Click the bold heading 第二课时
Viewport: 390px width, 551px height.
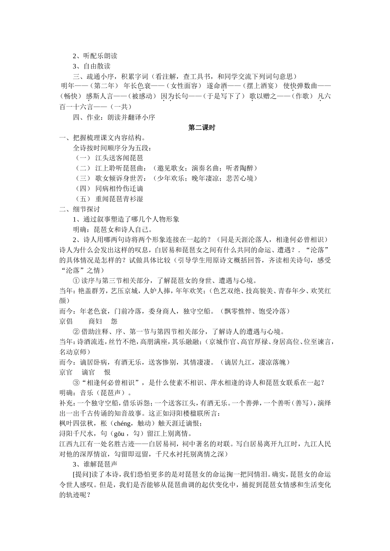[x=202, y=128]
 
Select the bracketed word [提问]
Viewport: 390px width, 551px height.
[x=83, y=475]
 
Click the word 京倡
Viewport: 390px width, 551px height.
[x=66, y=321]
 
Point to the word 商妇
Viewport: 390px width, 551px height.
[x=95, y=321]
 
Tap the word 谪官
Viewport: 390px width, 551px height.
[x=88, y=372]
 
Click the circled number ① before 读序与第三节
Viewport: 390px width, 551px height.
[x=76, y=280]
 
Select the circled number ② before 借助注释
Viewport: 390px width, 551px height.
[x=76, y=332]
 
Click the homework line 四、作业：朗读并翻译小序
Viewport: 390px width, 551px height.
[x=114, y=117]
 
